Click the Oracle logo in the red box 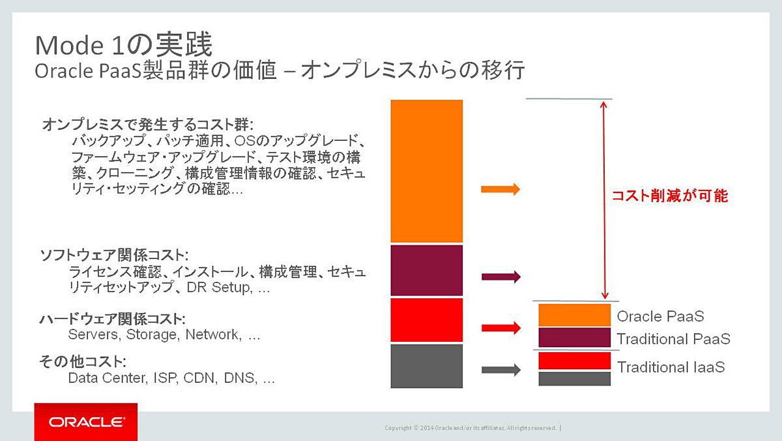(x=86, y=422)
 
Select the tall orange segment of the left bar (x=427, y=171)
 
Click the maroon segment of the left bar (x=427, y=270)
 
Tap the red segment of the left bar (x=427, y=320)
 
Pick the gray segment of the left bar (x=427, y=366)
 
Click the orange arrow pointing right (x=500, y=189)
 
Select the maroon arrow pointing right (x=501, y=277)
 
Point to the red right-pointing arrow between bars (x=501, y=327)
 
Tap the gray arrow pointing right (x=501, y=370)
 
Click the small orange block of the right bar (x=575, y=315)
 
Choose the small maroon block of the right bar (x=575, y=337)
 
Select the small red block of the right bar (x=575, y=361)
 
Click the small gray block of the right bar (x=575, y=379)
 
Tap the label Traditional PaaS (x=674, y=339)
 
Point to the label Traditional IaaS (x=671, y=367)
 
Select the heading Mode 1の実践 (x=124, y=44)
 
